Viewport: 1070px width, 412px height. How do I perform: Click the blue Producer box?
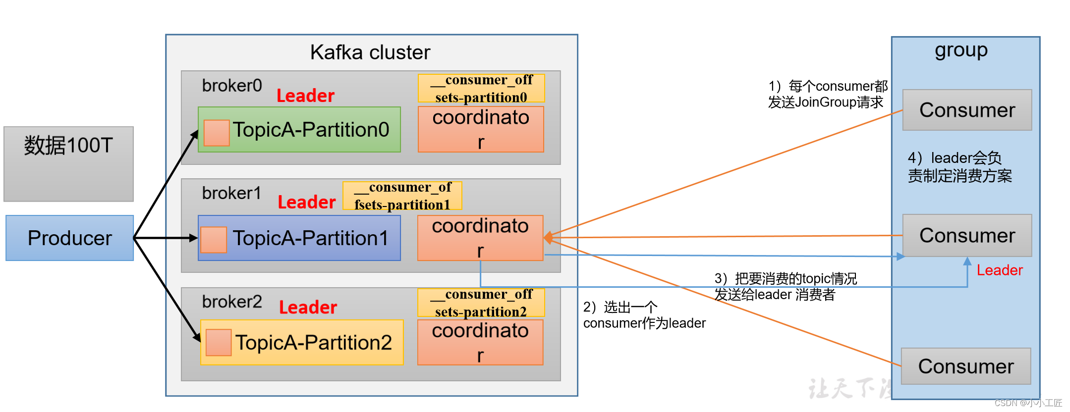[x=69, y=238]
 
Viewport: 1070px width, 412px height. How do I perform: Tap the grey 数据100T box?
[x=68, y=163]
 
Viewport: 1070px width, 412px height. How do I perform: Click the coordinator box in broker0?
[x=481, y=129]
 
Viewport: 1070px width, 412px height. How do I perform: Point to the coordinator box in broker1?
[x=480, y=238]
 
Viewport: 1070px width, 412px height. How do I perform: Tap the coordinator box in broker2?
[x=480, y=342]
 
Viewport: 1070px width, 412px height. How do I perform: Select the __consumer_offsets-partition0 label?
[x=481, y=88]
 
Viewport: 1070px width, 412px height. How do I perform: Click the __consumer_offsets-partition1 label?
[x=402, y=196]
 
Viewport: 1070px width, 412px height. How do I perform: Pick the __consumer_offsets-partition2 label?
[x=481, y=303]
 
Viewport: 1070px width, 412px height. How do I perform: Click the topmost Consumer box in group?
[x=967, y=110]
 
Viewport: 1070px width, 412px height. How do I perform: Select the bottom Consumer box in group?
[x=965, y=366]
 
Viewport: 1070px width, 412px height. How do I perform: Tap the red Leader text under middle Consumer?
[x=999, y=270]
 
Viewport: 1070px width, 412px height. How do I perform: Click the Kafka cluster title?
[x=370, y=52]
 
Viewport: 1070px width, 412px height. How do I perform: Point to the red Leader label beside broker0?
[x=305, y=96]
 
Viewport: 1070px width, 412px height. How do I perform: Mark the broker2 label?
[x=232, y=302]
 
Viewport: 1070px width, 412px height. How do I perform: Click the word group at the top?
[x=961, y=51]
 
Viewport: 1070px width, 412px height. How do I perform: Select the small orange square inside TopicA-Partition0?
[x=217, y=133]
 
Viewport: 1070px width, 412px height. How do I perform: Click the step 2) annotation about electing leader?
[x=644, y=315]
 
